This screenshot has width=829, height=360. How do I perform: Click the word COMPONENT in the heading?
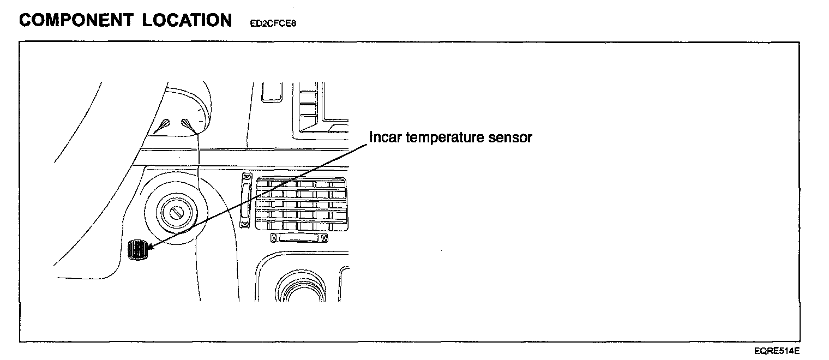[x=76, y=20]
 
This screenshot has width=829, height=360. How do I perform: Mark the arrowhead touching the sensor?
[x=149, y=247]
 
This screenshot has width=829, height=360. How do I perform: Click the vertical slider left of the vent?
[x=246, y=200]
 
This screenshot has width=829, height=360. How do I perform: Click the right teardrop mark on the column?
[x=188, y=125]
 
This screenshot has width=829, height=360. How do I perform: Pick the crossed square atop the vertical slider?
[x=246, y=177]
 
